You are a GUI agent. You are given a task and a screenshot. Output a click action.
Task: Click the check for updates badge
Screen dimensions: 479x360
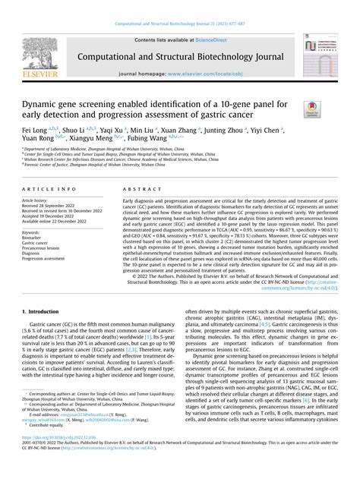point(312,109)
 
